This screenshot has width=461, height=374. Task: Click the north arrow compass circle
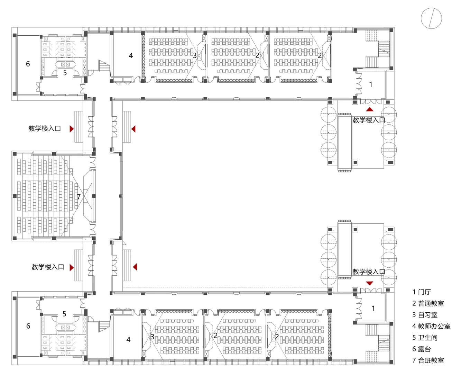pyautogui.click(x=431, y=18)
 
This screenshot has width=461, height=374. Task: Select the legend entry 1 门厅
pyautogui.click(x=421, y=292)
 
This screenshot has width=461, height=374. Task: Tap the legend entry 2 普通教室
pyautogui.click(x=428, y=303)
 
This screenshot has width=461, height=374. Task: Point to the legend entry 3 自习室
pyautogui.click(x=425, y=315)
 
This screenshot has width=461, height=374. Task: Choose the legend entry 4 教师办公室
pyautogui.click(x=431, y=326)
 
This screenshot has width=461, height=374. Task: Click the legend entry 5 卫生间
pyautogui.click(x=425, y=338)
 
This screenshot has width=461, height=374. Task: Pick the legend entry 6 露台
pyautogui.click(x=421, y=349)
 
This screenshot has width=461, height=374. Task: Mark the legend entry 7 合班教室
pyautogui.click(x=428, y=360)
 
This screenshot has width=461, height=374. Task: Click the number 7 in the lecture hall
pyautogui.click(x=79, y=197)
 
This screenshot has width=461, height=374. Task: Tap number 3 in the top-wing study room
pyautogui.click(x=195, y=55)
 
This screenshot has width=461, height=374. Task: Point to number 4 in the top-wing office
pyautogui.click(x=131, y=55)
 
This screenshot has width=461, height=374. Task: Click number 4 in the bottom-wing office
pyautogui.click(x=128, y=340)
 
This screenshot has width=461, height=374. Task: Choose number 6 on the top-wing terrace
pyautogui.click(x=28, y=64)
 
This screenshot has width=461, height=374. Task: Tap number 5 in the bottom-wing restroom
pyautogui.click(x=64, y=314)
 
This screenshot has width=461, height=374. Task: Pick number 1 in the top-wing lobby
pyautogui.click(x=371, y=84)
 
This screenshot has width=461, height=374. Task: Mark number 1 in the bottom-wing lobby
pyautogui.click(x=373, y=308)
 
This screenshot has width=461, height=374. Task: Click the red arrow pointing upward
pyautogui.click(x=370, y=109)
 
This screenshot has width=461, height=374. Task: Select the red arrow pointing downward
pyautogui.click(x=369, y=283)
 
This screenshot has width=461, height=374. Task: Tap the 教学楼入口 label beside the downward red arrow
pyautogui.click(x=369, y=272)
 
